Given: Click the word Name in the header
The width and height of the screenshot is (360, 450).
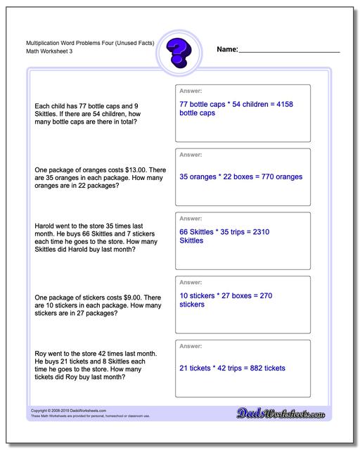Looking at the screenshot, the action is [x=227, y=50].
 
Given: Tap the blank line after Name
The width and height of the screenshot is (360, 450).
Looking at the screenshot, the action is [x=290, y=51].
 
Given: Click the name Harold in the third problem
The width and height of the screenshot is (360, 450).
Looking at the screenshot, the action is [x=45, y=226].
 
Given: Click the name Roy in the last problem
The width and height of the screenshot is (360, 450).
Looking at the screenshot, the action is [x=40, y=353].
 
